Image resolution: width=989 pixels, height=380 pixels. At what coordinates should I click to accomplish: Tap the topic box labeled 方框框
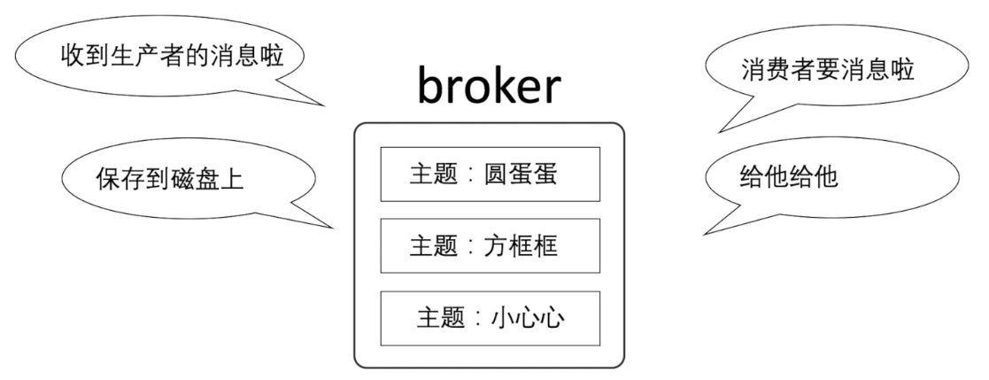pos(490,245)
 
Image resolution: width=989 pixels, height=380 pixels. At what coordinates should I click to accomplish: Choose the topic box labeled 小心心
pos(490,316)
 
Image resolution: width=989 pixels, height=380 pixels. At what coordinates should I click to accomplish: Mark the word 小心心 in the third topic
pos(529,316)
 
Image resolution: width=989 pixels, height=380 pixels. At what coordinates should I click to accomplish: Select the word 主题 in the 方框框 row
pos(430,245)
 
